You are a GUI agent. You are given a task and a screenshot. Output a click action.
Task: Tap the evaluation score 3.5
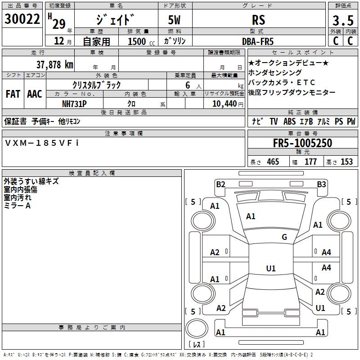[342, 21]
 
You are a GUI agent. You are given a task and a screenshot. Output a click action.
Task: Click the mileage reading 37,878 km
[54, 65]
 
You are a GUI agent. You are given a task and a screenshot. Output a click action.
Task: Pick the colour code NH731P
[74, 103]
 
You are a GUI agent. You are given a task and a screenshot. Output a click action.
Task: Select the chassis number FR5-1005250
[302, 143]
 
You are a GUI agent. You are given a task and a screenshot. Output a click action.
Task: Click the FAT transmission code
[13, 94]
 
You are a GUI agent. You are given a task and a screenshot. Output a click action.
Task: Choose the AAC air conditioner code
[35, 94]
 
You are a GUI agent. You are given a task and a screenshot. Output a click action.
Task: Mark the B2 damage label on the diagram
[220, 184]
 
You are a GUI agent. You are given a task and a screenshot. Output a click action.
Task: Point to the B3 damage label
[321, 184]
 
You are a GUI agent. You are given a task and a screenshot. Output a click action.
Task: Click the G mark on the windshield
[284, 237]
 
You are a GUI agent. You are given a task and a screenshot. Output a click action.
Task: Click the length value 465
[273, 162]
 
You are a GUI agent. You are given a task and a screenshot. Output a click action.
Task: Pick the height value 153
[346, 162]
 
